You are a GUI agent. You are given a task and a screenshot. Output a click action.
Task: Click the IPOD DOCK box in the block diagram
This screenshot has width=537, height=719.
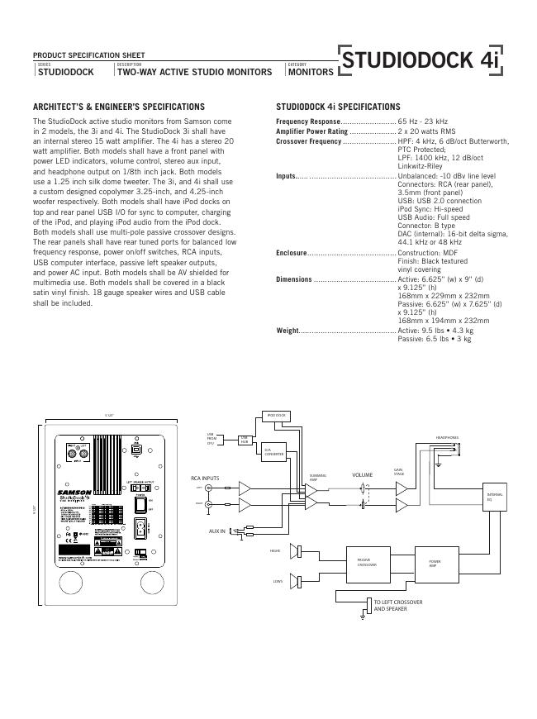[x=275, y=415]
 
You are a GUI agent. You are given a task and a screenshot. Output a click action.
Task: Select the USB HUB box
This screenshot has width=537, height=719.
[x=245, y=440]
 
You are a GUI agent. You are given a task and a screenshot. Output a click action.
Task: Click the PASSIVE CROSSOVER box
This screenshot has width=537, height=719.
[x=367, y=563]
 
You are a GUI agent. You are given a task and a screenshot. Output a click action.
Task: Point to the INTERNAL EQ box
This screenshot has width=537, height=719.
[x=493, y=496]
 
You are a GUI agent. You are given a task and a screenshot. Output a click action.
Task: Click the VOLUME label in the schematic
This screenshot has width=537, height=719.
[x=363, y=475]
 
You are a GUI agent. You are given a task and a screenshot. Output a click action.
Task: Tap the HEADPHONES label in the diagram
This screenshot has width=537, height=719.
[x=447, y=437]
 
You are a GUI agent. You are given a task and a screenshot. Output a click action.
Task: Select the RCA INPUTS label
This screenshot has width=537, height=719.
[x=205, y=479]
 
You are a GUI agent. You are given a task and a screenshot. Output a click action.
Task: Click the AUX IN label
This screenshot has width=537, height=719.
[x=216, y=531]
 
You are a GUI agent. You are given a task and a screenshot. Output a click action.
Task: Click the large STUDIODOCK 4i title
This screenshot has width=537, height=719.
[x=421, y=61]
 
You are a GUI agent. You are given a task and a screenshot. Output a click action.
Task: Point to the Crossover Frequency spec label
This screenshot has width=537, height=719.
[x=308, y=142]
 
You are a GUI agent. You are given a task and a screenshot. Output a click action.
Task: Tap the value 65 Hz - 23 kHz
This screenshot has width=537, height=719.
[x=423, y=121]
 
